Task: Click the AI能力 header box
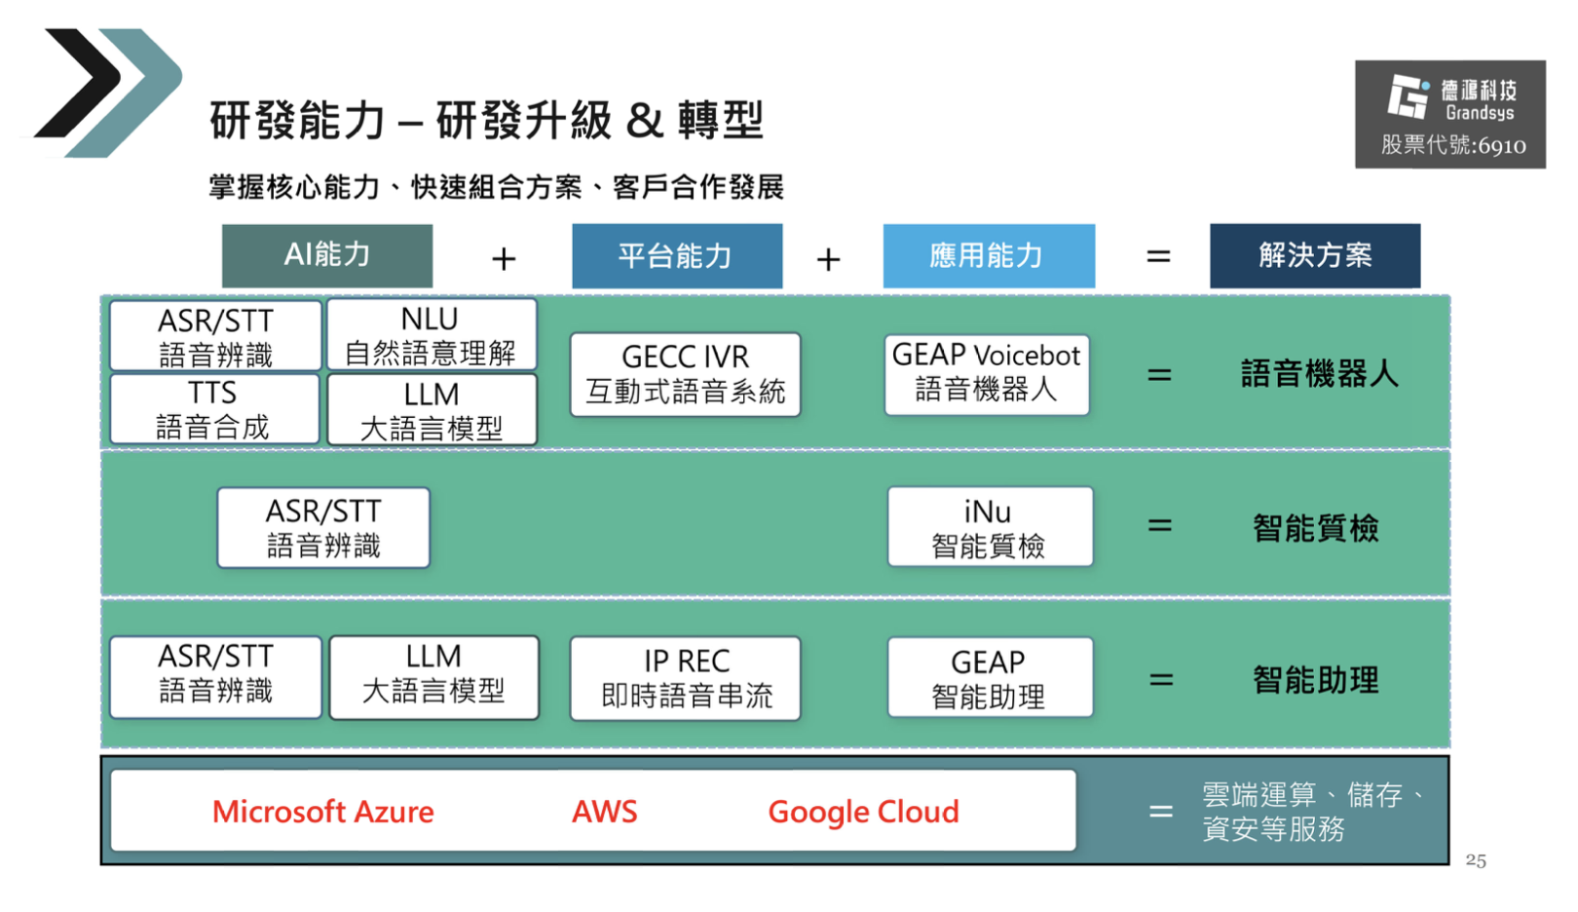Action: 326,255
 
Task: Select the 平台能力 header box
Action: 676,255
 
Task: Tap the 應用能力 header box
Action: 988,255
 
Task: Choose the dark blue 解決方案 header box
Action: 1314,255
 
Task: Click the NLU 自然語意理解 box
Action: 431,335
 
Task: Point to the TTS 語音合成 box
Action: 213,410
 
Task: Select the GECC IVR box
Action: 685,374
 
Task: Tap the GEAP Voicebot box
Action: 986,373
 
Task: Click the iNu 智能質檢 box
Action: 989,528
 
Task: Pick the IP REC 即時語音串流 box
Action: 686,678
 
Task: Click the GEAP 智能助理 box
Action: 989,678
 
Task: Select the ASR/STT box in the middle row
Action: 323,528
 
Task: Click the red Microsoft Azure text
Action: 323,812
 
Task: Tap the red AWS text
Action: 605,812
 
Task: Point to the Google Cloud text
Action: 863,812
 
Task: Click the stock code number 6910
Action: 1502,146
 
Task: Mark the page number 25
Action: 1476,860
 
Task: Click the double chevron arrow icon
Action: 107,93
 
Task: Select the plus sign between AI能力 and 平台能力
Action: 504,258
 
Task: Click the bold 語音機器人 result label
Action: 1319,374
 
